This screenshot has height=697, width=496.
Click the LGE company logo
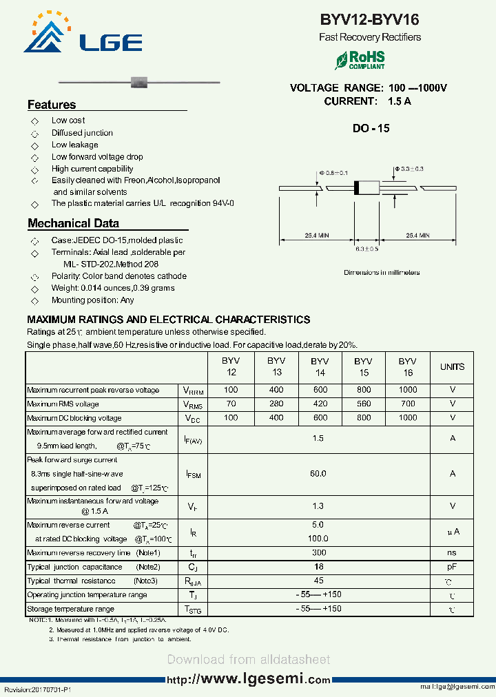pyautogui.click(x=83, y=34)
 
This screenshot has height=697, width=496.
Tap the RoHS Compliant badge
pyautogui.click(x=360, y=60)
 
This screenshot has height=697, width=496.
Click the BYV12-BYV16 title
pyautogui.click(x=370, y=21)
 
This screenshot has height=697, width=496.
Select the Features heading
pyautogui.click(x=52, y=105)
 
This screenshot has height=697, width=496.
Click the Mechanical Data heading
pyautogui.click(x=73, y=223)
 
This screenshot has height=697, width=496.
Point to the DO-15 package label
pyautogui.click(x=371, y=128)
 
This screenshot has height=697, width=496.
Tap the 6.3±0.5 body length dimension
pyautogui.click(x=366, y=249)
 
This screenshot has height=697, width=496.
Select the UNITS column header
pyautogui.click(x=452, y=367)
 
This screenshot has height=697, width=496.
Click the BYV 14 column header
pyautogui.click(x=319, y=367)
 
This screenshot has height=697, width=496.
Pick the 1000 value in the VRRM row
pyautogui.click(x=407, y=390)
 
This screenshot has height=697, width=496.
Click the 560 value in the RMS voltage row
pyautogui.click(x=363, y=404)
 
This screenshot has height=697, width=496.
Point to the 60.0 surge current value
pyautogui.click(x=318, y=474)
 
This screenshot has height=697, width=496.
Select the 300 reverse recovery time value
pyautogui.click(x=318, y=553)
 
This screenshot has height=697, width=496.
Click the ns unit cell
pyautogui.click(x=452, y=553)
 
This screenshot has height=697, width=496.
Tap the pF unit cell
pyautogui.click(x=452, y=567)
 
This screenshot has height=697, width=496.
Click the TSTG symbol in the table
pyautogui.click(x=194, y=610)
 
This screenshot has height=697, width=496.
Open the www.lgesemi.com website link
pyautogui.click(x=249, y=679)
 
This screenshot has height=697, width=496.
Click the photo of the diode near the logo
pyautogui.click(x=140, y=82)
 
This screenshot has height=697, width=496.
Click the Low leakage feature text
pyautogui.click(x=74, y=145)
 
